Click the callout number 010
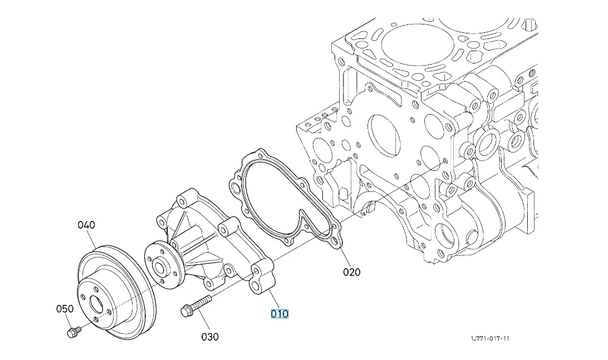point(280,314)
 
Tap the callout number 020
point(351,272)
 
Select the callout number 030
point(210,337)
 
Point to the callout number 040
point(86,225)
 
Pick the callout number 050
point(65,309)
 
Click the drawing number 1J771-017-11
point(490,338)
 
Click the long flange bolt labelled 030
point(195,305)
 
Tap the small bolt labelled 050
point(72,333)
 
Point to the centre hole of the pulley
point(96,304)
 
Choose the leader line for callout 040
point(92,239)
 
